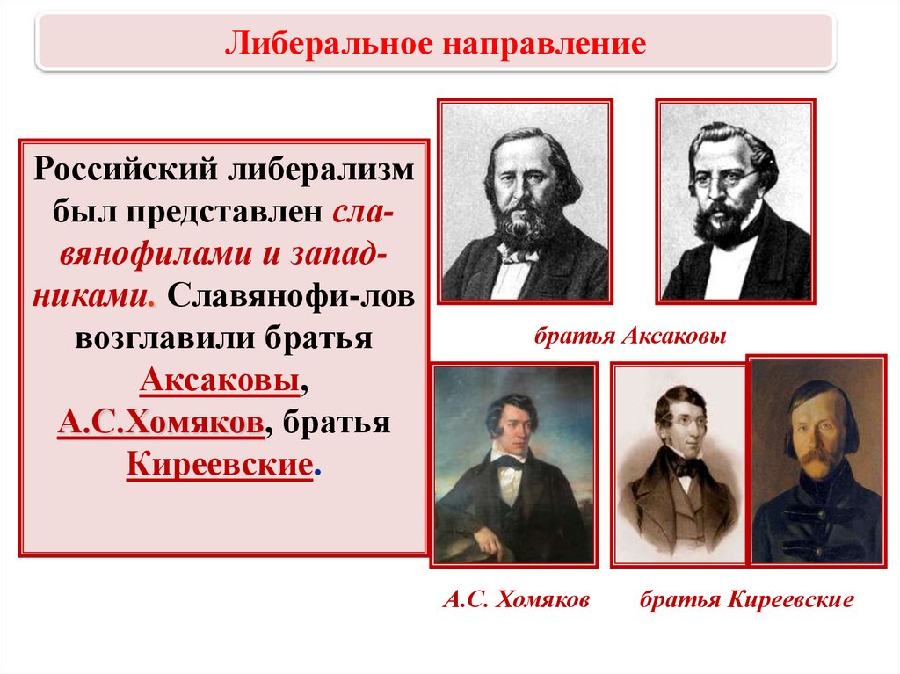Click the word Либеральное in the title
click(x=329, y=44)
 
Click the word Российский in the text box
click(x=126, y=170)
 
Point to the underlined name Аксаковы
click(x=220, y=380)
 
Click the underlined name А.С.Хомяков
click(x=161, y=422)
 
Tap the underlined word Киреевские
click(x=220, y=464)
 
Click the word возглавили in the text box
click(x=165, y=337)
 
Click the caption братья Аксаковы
click(x=630, y=336)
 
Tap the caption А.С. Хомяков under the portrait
click(x=516, y=599)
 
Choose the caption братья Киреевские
click(x=747, y=600)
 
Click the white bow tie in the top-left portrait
click(x=517, y=253)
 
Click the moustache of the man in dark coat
click(x=817, y=458)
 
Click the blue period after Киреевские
click(x=317, y=475)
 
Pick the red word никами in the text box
click(x=92, y=296)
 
